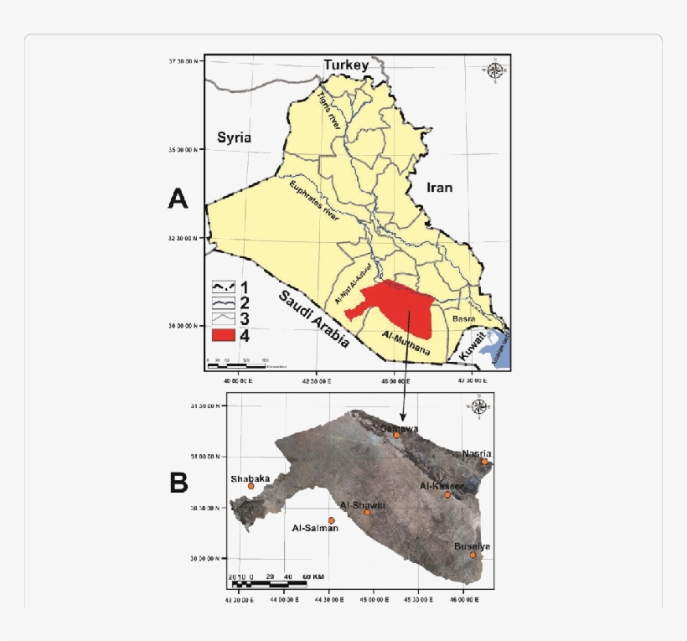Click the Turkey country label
346,65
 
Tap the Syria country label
234,138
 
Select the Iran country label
439,188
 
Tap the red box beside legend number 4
222,335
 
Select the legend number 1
245,286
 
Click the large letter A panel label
178,199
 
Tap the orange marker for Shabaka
251,486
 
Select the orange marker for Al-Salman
331,520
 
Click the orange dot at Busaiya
473,555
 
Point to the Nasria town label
477,454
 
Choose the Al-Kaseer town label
441,486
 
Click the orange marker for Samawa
397,436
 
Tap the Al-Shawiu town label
363,505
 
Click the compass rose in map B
480,407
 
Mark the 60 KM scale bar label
313,577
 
